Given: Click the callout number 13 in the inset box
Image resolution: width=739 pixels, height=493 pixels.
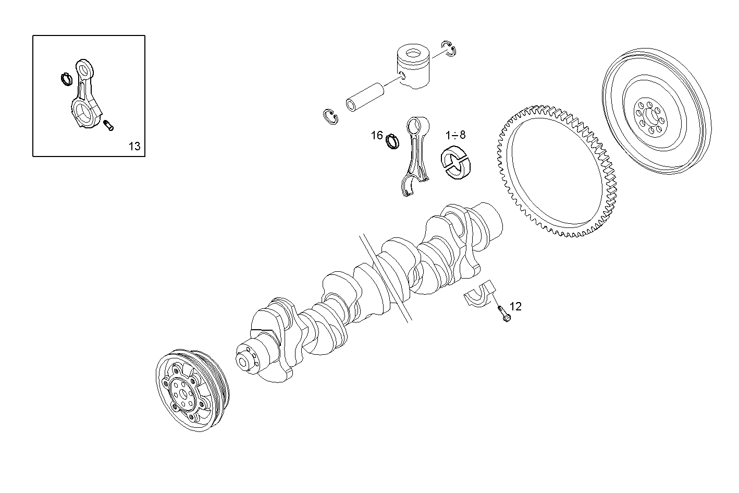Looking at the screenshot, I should point(134,146).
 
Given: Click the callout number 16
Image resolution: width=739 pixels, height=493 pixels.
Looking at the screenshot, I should point(377,136).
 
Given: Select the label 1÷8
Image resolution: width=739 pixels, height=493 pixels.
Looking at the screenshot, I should point(455,135).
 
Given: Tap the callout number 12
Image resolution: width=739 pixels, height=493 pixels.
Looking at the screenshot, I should point(515,306).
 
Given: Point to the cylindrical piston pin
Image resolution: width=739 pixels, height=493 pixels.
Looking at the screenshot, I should point(365,97).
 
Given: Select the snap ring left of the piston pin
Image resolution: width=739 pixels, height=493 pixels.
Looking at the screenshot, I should point(329,117).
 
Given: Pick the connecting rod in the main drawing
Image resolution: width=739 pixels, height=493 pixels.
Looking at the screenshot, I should point(417,157).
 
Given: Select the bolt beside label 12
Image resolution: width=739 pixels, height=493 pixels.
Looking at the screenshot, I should point(503,313).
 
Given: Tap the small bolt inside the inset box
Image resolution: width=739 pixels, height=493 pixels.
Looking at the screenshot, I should point(108,125).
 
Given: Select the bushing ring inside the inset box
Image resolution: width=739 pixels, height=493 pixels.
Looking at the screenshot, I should point(66,78).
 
